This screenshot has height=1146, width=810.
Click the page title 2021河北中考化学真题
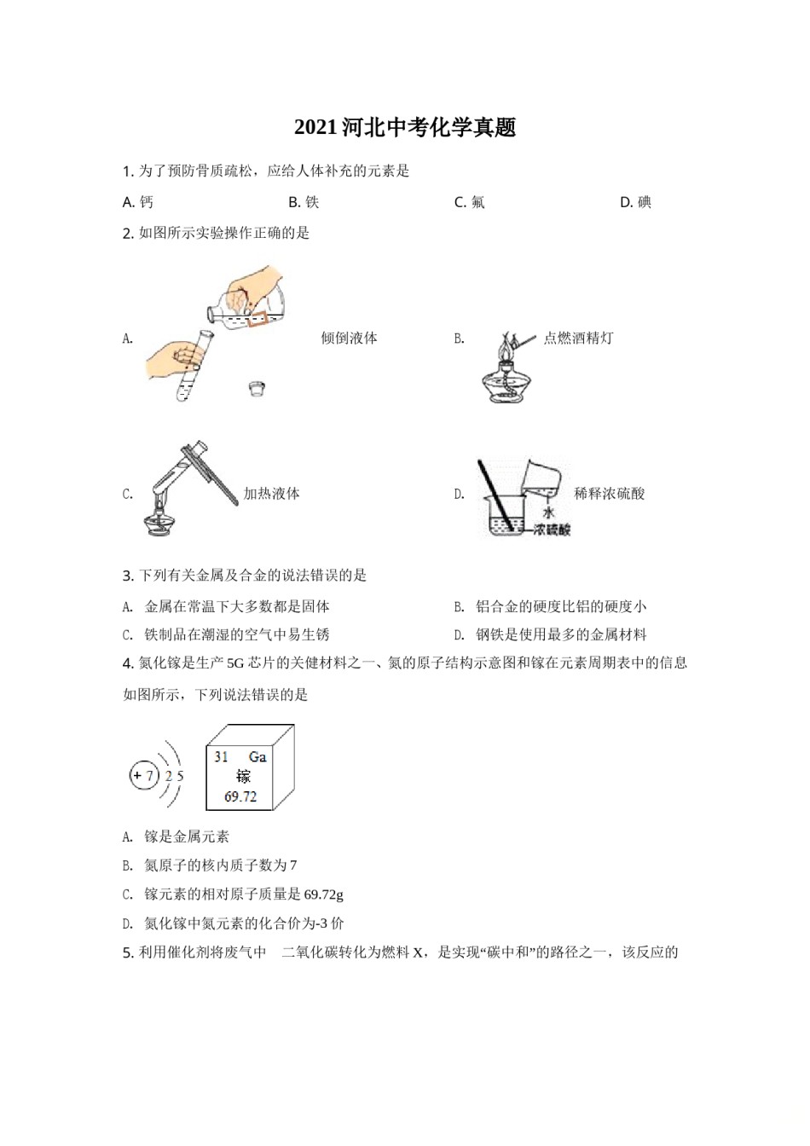coord(405,128)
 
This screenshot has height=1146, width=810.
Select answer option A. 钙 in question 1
coord(138,202)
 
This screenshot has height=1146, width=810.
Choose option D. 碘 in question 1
coord(635,202)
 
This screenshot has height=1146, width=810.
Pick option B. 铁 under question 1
coord(304,202)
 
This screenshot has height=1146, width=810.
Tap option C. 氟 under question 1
coord(469,202)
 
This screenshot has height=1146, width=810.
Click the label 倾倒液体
coord(349,338)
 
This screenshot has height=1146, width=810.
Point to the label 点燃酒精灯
coord(578,338)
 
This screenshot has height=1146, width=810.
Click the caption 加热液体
coord(271,493)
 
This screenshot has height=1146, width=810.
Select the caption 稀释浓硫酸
coord(609,493)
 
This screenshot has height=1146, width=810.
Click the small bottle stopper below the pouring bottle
coord(256,389)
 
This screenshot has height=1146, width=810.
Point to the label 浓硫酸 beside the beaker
coord(552,530)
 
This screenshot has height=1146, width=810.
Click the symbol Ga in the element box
coord(257,756)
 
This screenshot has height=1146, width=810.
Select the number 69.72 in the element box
coord(240,796)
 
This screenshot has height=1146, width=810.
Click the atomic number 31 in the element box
coord(222,756)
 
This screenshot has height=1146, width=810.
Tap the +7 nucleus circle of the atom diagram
coord(143,776)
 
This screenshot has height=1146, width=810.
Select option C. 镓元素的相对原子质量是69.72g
coord(233,894)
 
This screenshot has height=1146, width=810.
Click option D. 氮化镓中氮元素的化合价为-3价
coord(233,923)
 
